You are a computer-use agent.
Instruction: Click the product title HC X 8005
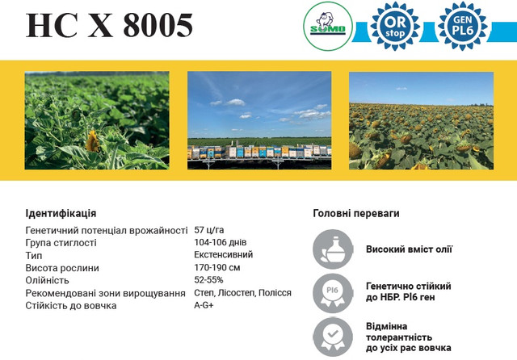pyautogui.click(x=109, y=25)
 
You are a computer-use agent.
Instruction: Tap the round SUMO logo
pyautogui.click(x=328, y=27)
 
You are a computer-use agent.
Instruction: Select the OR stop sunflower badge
pyautogui.click(x=395, y=27)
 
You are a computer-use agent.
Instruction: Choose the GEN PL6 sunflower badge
pyautogui.click(x=463, y=27)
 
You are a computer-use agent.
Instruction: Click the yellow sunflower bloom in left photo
pyautogui.click(x=93, y=141)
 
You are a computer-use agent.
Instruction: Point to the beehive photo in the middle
pyautogui.click(x=259, y=120)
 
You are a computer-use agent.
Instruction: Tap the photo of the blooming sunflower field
pyautogui.click(x=421, y=120)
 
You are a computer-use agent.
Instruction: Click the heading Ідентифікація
pyautogui.click(x=61, y=213)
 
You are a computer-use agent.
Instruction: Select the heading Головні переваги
pyautogui.click(x=356, y=213)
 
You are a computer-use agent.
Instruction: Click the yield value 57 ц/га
pyautogui.click(x=209, y=229)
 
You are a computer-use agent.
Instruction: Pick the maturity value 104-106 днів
pyautogui.click(x=221, y=242)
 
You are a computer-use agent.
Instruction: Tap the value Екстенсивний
pyautogui.click(x=223, y=254)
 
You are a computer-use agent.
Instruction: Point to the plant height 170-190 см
pyautogui.click(x=217, y=267)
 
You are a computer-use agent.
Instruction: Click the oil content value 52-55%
pyautogui.click(x=208, y=279)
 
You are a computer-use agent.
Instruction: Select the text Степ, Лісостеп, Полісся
pyautogui.click(x=242, y=292)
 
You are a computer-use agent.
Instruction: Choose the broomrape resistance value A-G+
pyautogui.click(x=204, y=305)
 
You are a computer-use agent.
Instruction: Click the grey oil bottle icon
pyautogui.click(x=333, y=249)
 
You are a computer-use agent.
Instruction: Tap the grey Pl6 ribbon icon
pyautogui.click(x=333, y=293)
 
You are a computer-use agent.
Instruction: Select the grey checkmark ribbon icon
pyautogui.click(x=333, y=337)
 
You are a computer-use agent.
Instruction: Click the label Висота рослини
pyautogui.click(x=62, y=268)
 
